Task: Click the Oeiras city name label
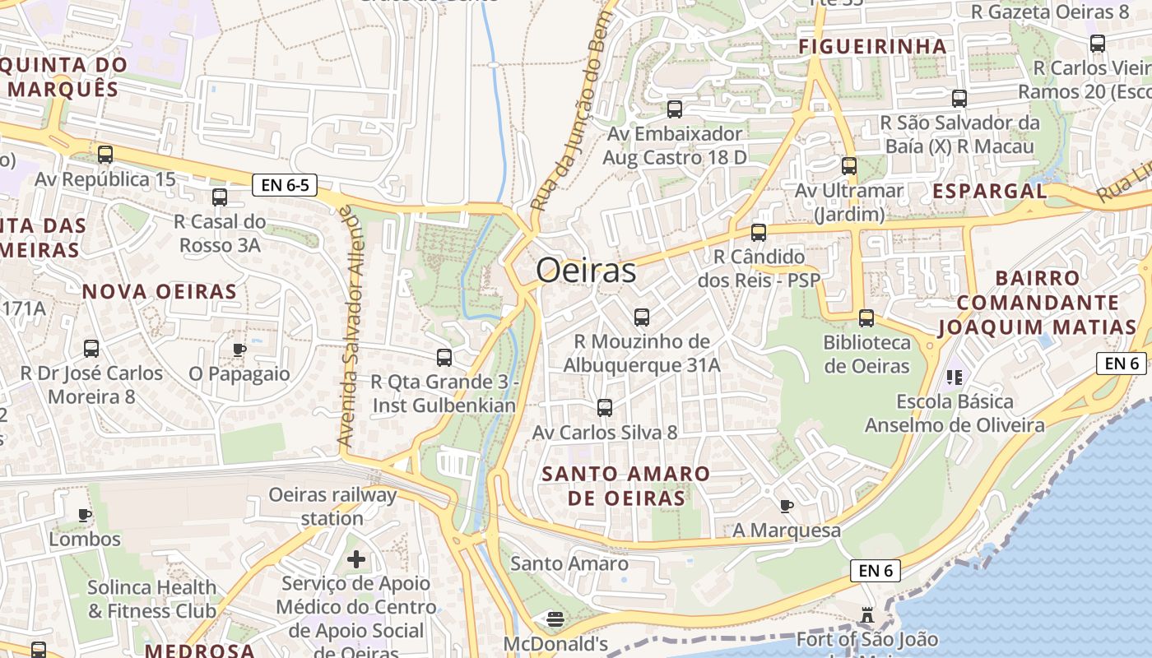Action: (x=586, y=271)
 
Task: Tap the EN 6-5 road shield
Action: (x=285, y=185)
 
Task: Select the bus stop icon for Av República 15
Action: (x=105, y=155)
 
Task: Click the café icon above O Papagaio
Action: (x=239, y=350)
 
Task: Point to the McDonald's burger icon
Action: (x=555, y=619)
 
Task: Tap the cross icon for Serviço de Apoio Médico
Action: (x=356, y=560)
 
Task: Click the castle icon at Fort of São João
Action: (x=866, y=615)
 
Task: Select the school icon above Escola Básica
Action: (x=955, y=378)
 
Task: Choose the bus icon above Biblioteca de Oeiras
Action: (x=866, y=318)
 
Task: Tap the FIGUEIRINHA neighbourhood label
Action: (x=872, y=46)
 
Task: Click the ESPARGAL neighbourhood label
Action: (x=989, y=191)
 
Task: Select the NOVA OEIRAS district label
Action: (x=160, y=291)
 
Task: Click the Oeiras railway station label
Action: (x=332, y=507)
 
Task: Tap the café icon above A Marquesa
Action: (x=787, y=506)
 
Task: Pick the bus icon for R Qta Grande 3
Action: (x=444, y=358)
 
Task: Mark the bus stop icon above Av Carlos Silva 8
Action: (x=605, y=408)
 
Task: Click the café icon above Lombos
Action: (x=84, y=516)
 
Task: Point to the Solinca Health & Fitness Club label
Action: (x=152, y=599)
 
